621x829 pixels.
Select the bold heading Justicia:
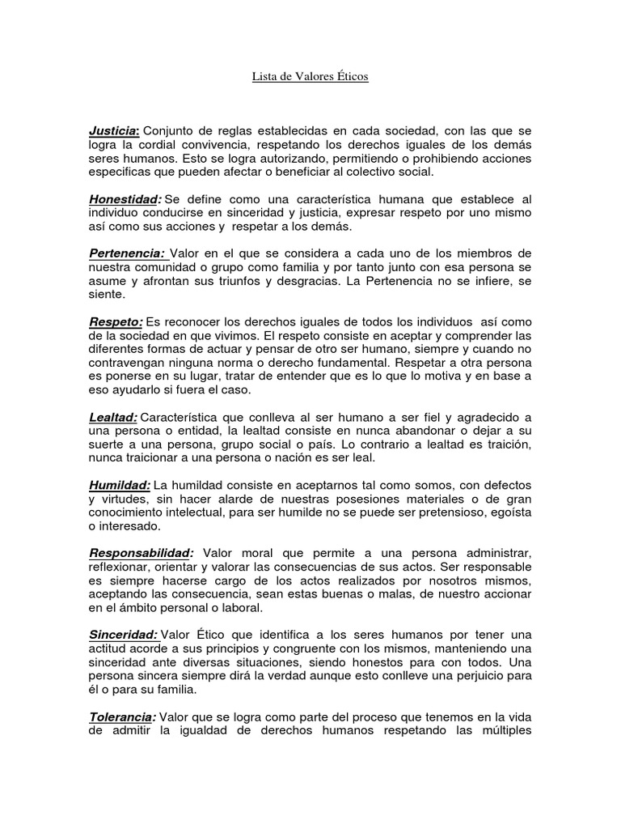click(115, 130)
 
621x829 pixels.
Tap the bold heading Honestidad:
click(125, 199)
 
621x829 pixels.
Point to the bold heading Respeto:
click(116, 322)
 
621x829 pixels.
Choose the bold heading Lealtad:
click(113, 416)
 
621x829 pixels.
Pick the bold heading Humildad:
click(120, 484)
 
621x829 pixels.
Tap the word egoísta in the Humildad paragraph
click(508, 512)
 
